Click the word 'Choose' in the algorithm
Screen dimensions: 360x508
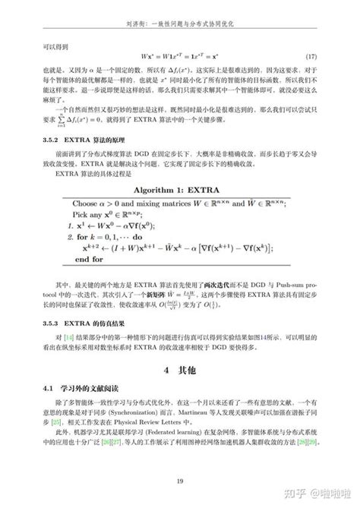pos(89,203)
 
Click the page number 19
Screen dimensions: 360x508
pos(179,482)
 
